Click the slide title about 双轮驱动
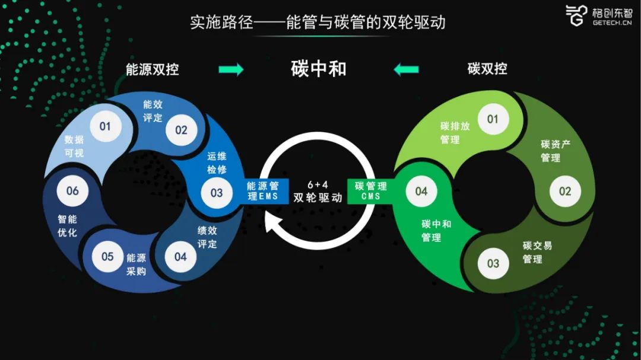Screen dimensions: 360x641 coord(318,23)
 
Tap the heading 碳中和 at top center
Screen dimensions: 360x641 coord(319,69)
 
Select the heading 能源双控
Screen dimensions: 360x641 coord(153,69)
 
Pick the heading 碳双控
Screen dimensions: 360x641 coord(487,69)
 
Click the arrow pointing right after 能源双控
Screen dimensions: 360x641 coord(231,69)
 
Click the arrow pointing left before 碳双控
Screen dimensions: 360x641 coord(406,69)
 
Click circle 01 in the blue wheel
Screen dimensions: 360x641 coord(105,126)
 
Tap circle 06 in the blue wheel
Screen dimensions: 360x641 coord(72,191)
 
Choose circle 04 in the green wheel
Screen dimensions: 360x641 coord(421,191)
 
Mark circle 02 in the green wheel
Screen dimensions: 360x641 coord(565,191)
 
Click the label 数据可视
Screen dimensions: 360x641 coord(74,146)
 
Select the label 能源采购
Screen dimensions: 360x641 coord(136,265)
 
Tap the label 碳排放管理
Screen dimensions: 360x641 coord(455,133)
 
